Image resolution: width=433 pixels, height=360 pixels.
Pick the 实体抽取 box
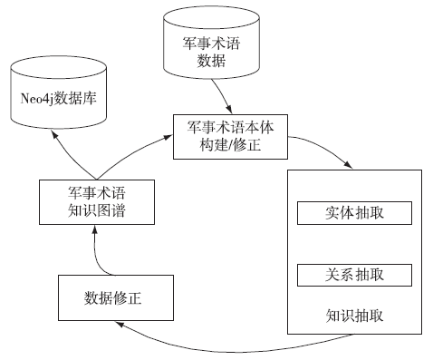pyautogui.click(x=354, y=212)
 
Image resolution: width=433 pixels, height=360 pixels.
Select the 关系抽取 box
pyautogui.click(x=354, y=274)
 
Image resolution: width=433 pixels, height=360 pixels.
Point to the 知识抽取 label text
pyautogui.click(x=354, y=316)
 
